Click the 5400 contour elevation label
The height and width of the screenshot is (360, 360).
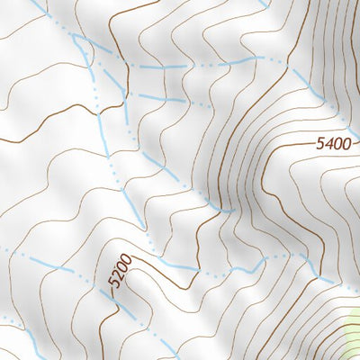point(335,143)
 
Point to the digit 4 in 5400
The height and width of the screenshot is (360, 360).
point(328,143)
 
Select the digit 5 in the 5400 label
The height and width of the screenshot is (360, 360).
point(320,143)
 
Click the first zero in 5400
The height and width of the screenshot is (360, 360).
point(337,143)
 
